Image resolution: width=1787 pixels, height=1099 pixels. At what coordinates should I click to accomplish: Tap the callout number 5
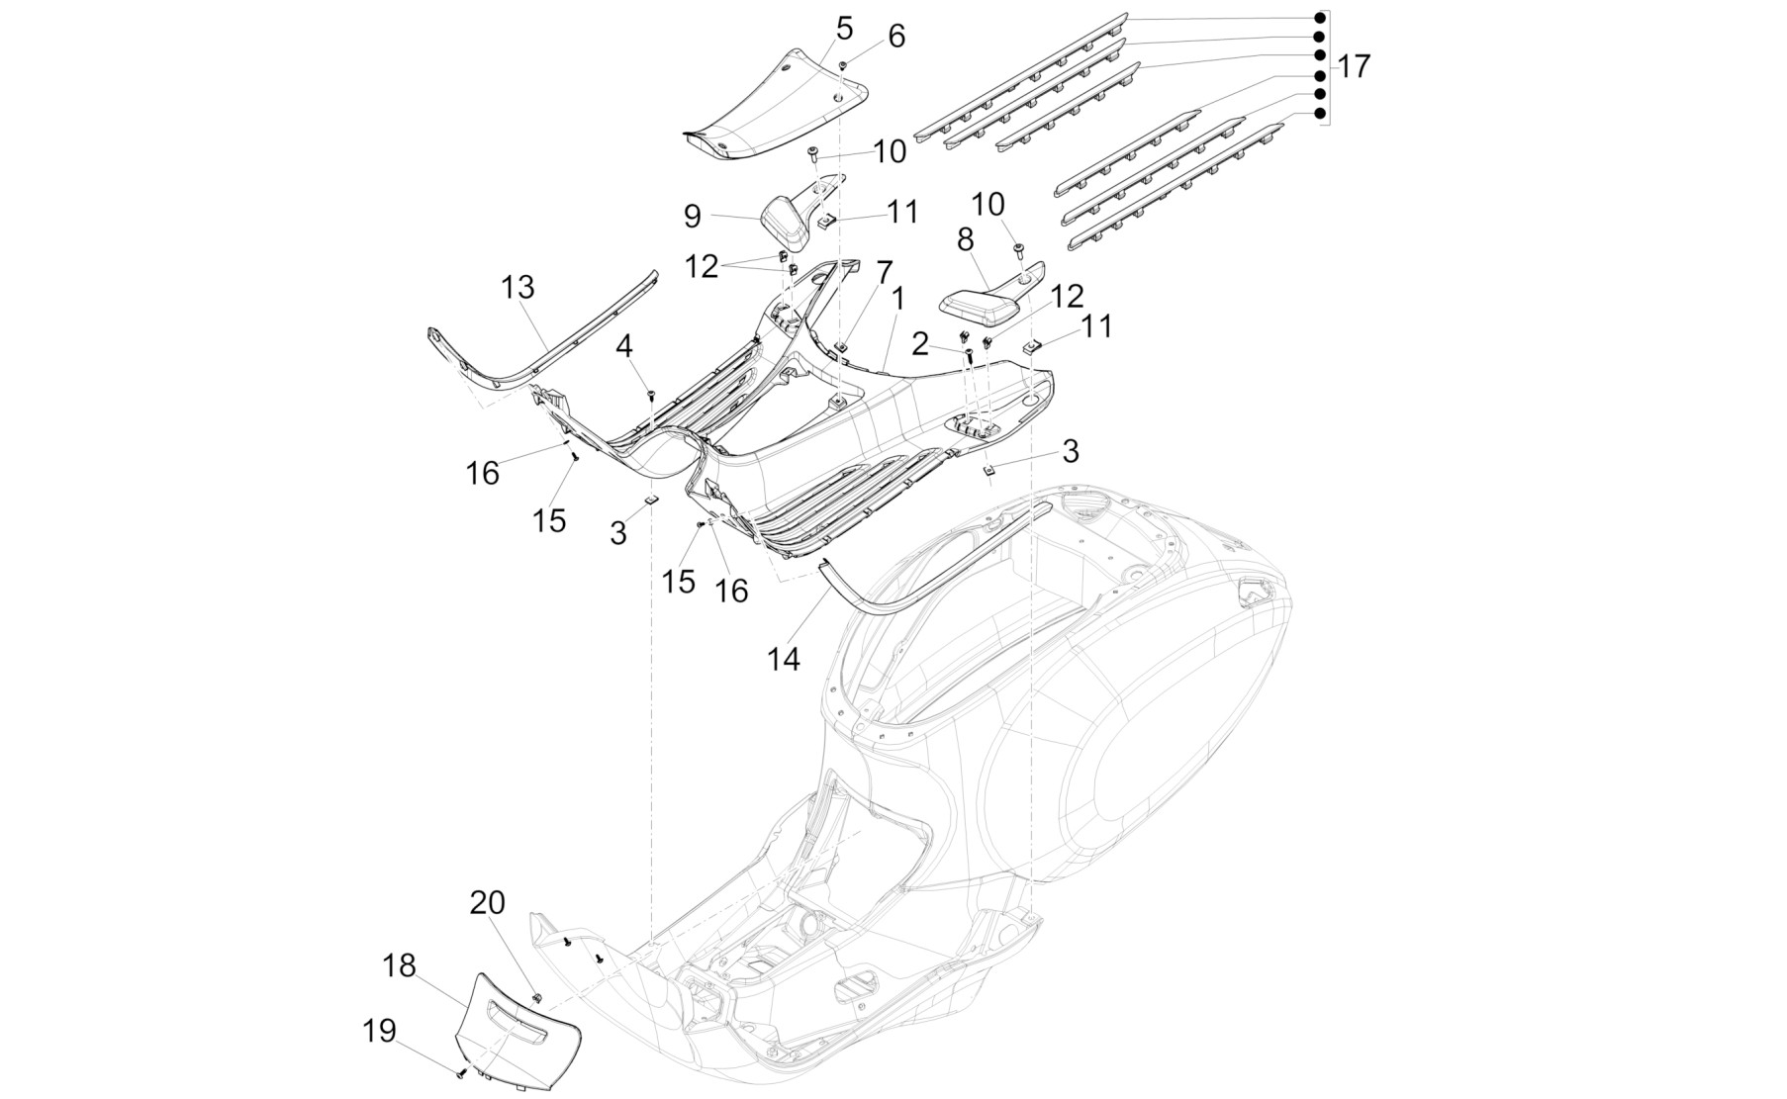[843, 28]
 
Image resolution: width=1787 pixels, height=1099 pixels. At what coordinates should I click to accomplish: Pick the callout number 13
[517, 287]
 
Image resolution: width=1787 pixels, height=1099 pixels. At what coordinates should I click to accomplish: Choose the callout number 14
[783, 658]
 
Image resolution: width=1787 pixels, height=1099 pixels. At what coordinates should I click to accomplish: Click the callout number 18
[400, 965]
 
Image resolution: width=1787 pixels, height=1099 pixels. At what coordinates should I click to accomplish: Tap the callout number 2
[920, 344]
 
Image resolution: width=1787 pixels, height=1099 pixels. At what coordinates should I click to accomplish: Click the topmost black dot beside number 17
[1320, 19]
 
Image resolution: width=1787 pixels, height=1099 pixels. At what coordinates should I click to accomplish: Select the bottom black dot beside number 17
[1320, 114]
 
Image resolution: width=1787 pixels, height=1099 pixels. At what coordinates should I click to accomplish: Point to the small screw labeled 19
[461, 1072]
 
